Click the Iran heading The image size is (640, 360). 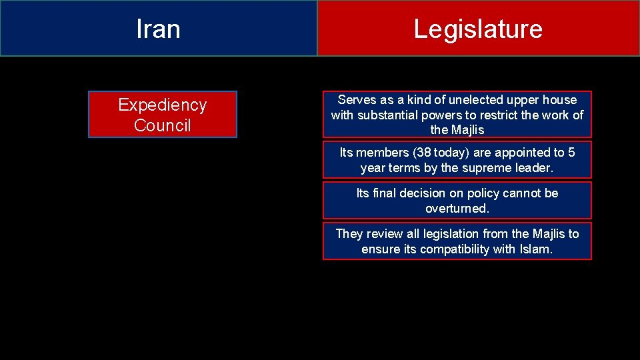tap(158, 29)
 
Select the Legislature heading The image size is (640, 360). tap(478, 29)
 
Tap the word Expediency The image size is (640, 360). tap(162, 105)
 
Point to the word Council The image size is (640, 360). tap(162, 125)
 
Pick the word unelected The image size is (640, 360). tap(477, 100)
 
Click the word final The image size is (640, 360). tap(385, 193)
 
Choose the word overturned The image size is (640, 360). tap(457, 209)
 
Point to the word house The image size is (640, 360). tap(561, 100)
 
